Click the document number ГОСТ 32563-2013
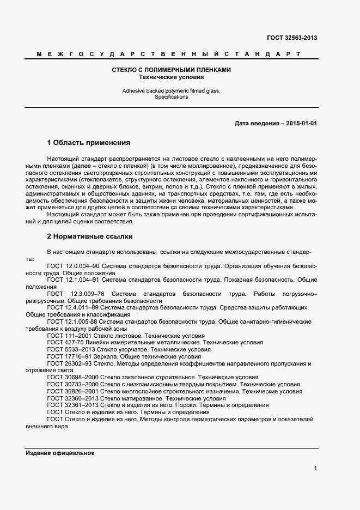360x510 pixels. (x=291, y=38)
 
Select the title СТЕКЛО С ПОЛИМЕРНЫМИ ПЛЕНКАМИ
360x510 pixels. (x=172, y=70)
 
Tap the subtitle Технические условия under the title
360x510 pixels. (x=172, y=77)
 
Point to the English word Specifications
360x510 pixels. (x=172, y=97)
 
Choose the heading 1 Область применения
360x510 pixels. (x=89, y=143)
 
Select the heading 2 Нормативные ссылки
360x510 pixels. (x=90, y=236)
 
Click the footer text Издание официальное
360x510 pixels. (x=60, y=453)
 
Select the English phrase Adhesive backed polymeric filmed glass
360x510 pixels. (x=171, y=90)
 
